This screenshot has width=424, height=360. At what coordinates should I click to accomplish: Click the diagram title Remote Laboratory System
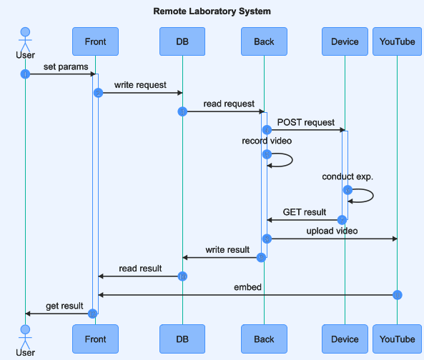(212, 11)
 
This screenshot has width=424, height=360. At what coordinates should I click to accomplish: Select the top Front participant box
(96, 41)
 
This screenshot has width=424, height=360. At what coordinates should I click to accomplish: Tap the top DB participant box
(182, 41)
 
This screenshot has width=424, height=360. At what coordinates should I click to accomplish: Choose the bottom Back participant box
(264, 339)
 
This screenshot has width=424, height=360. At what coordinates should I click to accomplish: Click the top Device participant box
(345, 41)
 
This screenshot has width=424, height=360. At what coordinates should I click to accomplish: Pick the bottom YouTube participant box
(398, 339)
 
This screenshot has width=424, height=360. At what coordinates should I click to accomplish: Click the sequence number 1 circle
(25, 74)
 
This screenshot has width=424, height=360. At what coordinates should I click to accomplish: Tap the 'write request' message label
(140, 85)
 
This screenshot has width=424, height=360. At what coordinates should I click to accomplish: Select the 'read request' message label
(229, 104)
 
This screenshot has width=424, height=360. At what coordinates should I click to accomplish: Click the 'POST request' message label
(306, 122)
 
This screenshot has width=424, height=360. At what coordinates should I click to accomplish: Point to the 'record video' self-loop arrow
(292, 160)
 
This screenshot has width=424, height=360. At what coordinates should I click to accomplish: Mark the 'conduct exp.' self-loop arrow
(373, 196)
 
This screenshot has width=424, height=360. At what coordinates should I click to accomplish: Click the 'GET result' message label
(305, 212)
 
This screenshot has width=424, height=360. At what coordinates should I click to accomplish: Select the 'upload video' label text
(332, 231)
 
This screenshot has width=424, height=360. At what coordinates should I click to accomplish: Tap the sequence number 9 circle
(261, 258)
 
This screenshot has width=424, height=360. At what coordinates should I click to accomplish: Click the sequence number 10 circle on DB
(182, 276)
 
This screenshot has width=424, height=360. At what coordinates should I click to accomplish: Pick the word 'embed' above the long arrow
(247, 287)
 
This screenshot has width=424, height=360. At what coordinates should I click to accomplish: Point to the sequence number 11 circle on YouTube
(398, 295)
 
